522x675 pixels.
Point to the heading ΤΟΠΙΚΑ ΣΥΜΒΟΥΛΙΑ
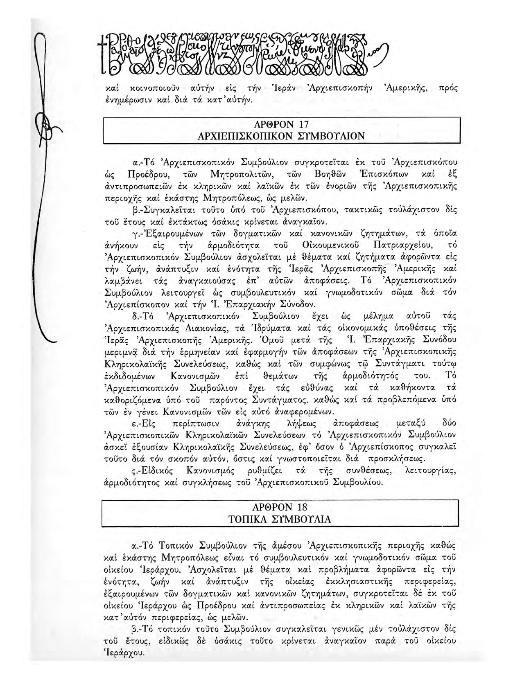click(x=280, y=519)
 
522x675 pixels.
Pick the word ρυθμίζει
click(x=262, y=470)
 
